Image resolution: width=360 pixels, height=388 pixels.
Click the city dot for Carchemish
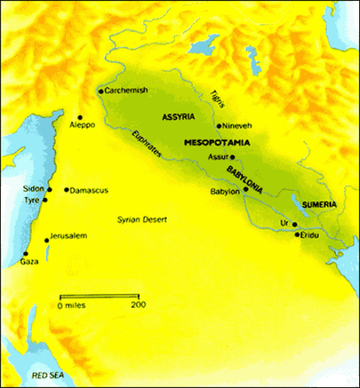(100, 91)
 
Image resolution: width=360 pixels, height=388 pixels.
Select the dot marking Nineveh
(219, 126)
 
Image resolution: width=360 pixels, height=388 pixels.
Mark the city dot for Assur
(232, 157)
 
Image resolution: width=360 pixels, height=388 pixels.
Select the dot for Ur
(294, 224)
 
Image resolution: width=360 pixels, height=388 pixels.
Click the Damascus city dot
(66, 190)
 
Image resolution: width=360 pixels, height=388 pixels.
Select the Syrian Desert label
(139, 219)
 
